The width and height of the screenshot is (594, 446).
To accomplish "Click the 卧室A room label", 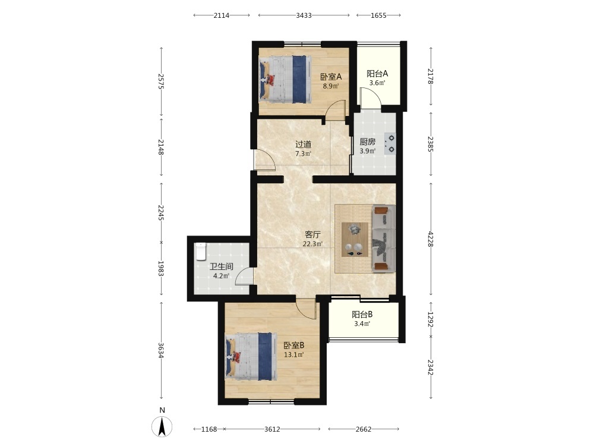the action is [x=331, y=77].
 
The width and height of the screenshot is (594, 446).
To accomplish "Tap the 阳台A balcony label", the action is [x=377, y=74].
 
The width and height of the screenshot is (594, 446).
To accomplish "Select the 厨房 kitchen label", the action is [x=368, y=142].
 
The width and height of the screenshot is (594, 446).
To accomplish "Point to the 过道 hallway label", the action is [x=303, y=145].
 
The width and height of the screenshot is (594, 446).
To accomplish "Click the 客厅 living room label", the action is [x=312, y=235].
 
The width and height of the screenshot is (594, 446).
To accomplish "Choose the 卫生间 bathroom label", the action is [x=221, y=266].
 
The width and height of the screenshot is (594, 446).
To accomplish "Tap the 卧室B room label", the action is [x=294, y=346].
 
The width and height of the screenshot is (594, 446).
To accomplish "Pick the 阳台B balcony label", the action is [x=362, y=315].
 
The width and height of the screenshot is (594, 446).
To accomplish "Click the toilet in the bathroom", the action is [x=200, y=252].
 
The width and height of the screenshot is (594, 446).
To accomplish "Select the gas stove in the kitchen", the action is [x=390, y=144].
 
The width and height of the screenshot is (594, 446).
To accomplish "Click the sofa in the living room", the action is [x=384, y=238].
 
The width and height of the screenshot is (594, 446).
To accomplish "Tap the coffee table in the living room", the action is [x=355, y=240].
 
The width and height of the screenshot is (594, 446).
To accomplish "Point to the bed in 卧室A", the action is [x=285, y=79].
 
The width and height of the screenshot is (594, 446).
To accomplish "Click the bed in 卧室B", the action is [x=251, y=356].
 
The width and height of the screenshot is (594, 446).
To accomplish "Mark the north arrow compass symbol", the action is [x=162, y=426].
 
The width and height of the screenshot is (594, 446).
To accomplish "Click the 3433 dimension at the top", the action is [x=304, y=15].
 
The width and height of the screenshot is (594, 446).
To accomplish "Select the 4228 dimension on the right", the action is [x=430, y=239].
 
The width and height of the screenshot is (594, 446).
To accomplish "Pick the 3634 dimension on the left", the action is [x=161, y=350].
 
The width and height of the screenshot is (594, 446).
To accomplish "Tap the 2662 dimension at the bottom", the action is [x=364, y=429].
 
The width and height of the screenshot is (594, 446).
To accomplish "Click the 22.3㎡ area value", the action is [x=312, y=244].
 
